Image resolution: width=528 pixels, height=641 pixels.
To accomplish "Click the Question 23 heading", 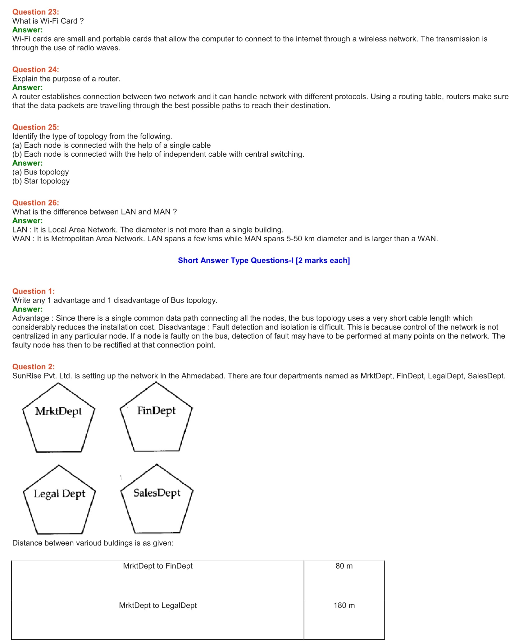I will click(x=35, y=12).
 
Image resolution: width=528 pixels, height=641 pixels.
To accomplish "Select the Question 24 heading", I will click(x=35, y=70).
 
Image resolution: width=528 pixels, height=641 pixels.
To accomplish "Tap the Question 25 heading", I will click(x=35, y=127).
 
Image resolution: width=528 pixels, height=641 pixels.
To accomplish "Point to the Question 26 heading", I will click(x=35, y=203).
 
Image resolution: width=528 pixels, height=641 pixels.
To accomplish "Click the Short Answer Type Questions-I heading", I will click(x=264, y=261).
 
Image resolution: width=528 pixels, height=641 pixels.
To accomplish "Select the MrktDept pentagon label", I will click(x=58, y=411).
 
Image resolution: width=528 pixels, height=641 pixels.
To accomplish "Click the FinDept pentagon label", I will click(x=156, y=411).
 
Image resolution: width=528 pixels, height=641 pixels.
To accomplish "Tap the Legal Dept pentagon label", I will click(x=59, y=493).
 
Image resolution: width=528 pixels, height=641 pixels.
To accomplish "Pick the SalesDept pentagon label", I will click(x=157, y=493).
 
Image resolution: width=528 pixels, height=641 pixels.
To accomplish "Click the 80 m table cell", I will click(x=344, y=566).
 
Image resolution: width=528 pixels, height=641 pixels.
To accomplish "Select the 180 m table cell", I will click(x=344, y=606).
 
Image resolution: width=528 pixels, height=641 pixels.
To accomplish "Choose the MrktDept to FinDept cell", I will click(x=157, y=566).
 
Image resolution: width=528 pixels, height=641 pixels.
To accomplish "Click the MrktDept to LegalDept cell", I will click(x=157, y=606).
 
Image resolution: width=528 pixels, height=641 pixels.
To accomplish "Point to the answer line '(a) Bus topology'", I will click(x=40, y=172).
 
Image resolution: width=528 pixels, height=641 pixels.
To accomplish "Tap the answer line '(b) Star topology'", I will click(x=41, y=181).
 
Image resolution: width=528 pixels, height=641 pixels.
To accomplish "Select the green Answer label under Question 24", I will click(x=27, y=88).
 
